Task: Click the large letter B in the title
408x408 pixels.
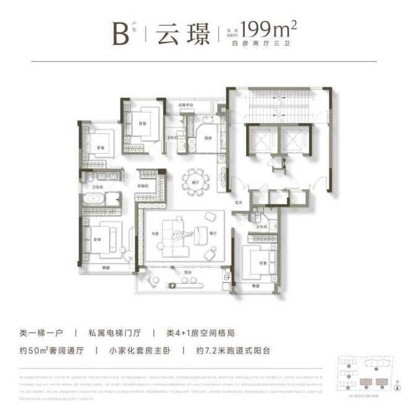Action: [119, 33]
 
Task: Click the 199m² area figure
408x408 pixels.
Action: [270, 29]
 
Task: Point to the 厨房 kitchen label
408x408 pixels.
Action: [208, 138]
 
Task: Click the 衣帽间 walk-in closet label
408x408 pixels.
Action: [147, 185]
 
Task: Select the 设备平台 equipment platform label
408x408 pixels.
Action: [186, 105]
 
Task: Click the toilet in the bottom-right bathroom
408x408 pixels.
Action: [257, 217]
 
